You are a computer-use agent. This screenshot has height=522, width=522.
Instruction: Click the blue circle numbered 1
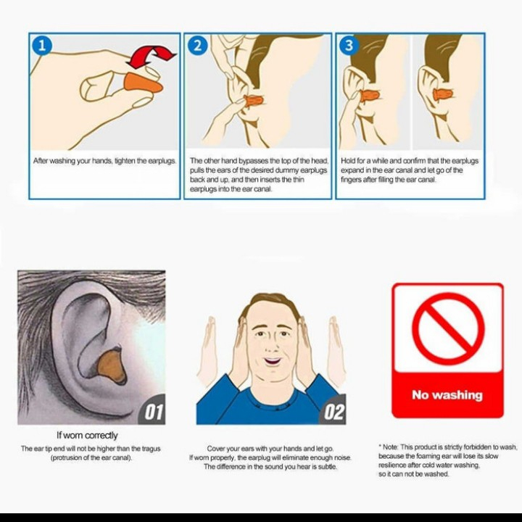click(x=42, y=45)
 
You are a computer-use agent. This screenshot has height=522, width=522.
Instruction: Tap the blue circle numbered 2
click(x=198, y=45)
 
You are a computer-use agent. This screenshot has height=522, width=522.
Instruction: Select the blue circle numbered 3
click(x=349, y=45)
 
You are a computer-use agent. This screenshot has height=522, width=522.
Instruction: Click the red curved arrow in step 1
click(x=151, y=57)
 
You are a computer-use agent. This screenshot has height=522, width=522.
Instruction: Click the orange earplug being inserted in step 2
click(x=253, y=101)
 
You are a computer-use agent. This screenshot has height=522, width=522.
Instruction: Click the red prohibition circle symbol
click(x=447, y=328)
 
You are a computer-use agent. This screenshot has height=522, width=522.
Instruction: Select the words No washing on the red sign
click(x=447, y=395)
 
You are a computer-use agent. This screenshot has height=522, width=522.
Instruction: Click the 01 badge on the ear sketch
click(x=153, y=412)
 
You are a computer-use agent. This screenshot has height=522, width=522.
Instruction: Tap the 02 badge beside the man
click(x=334, y=412)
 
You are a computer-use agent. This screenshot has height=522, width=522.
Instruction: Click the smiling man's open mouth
click(x=272, y=361)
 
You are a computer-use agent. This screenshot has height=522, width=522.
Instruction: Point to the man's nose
click(x=272, y=346)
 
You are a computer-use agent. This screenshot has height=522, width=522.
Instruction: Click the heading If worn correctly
click(x=87, y=436)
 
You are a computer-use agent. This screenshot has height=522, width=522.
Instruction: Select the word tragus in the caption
click(x=151, y=449)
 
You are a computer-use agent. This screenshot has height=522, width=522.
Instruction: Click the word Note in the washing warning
click(x=390, y=447)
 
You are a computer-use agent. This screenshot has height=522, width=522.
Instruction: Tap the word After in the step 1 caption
click(x=41, y=161)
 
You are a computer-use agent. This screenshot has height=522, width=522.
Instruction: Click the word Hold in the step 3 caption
click(x=348, y=161)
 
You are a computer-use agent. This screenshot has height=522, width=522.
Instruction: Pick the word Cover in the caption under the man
click(x=216, y=449)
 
